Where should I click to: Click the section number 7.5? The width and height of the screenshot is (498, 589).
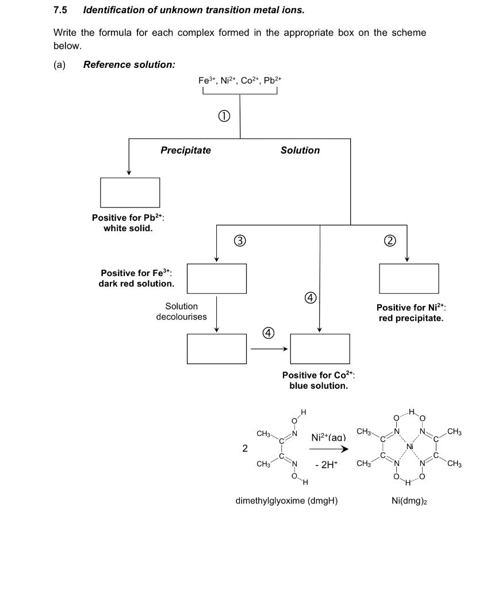[60, 10]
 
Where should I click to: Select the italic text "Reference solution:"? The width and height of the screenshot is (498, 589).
[129, 64]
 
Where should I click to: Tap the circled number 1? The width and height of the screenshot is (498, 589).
[224, 116]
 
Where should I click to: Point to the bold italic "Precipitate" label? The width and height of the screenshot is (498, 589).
[185, 150]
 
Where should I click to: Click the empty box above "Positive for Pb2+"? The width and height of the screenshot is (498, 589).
[130, 192]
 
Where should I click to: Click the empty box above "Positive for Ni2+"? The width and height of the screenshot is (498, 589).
[408, 278]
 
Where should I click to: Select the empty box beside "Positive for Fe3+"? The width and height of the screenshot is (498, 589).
[217, 278]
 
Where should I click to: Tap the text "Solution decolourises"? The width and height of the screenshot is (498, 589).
[181, 312]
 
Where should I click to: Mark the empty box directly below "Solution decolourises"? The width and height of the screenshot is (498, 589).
[217, 349]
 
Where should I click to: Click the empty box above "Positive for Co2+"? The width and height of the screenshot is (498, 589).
[320, 349]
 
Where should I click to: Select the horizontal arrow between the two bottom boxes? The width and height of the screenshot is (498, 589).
[268, 349]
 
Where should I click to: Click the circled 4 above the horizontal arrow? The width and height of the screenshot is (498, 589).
[268, 333]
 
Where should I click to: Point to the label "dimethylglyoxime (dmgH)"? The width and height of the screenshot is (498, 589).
[286, 500]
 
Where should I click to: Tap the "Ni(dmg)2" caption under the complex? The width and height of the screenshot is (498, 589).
[408, 500]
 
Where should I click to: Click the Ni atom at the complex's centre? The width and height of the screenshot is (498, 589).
[409, 447]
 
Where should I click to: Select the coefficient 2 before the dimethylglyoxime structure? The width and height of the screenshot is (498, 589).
[245, 449]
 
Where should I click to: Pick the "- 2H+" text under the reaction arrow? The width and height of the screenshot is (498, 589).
[327, 465]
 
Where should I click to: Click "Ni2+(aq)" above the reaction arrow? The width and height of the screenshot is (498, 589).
[328, 437]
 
